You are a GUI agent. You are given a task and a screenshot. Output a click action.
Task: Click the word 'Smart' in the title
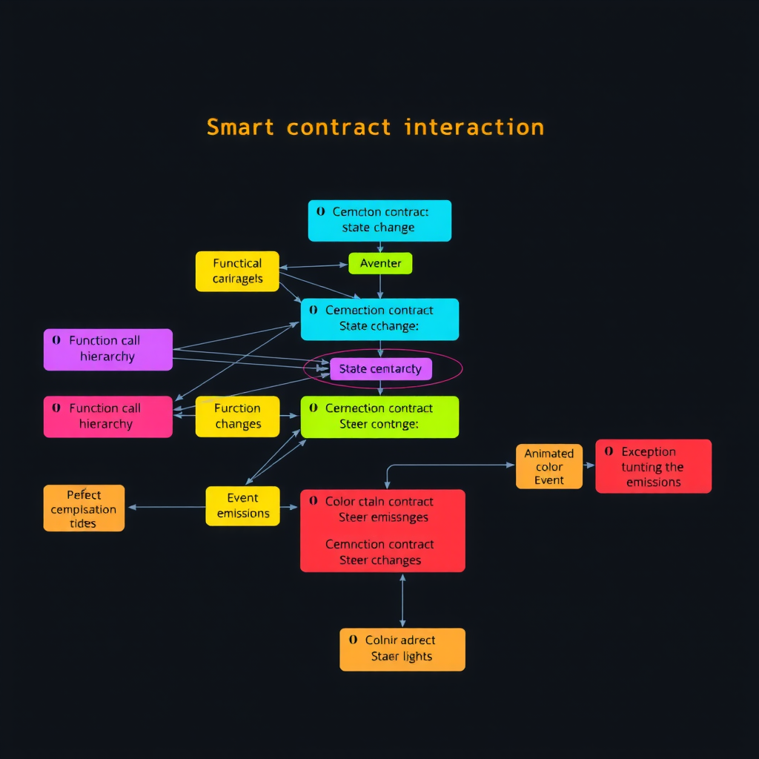click(x=241, y=127)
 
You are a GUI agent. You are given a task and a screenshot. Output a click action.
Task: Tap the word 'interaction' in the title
click(x=474, y=127)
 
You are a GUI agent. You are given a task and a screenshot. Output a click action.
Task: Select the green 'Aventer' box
click(x=380, y=263)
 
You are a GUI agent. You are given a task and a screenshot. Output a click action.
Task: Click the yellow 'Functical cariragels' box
click(x=237, y=271)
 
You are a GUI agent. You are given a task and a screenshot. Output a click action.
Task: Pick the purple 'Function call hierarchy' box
click(x=108, y=349)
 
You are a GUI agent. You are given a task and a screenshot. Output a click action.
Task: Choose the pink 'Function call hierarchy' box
click(x=108, y=417)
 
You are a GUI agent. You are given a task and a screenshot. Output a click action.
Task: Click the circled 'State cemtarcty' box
click(x=380, y=368)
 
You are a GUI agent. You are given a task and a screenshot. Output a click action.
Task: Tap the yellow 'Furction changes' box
click(x=237, y=417)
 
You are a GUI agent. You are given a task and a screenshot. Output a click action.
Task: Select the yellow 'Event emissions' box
click(x=242, y=506)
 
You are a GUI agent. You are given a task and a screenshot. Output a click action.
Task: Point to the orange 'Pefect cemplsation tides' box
click(x=84, y=508)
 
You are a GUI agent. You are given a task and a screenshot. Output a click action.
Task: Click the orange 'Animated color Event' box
click(x=548, y=466)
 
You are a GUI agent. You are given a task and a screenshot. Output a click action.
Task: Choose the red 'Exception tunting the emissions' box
click(x=653, y=466)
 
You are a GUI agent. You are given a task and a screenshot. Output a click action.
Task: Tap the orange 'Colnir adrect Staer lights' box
click(x=402, y=649)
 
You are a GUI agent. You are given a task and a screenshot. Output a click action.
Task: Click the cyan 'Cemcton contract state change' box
click(x=379, y=220)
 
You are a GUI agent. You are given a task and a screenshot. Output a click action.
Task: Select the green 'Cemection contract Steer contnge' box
click(x=379, y=417)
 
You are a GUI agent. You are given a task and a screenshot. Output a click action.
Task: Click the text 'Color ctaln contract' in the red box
click(x=379, y=502)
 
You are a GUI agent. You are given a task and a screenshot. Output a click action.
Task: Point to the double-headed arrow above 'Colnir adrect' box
click(x=402, y=600)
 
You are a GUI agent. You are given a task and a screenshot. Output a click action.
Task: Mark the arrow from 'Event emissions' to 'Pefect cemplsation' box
click(x=167, y=507)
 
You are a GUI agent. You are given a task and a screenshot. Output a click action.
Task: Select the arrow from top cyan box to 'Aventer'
click(x=380, y=247)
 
